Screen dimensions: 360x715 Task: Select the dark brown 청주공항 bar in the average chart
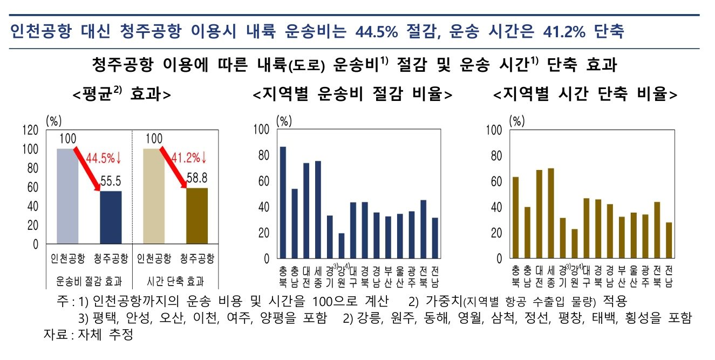pos(197,216)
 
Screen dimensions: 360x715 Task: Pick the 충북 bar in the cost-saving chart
pos(283,202)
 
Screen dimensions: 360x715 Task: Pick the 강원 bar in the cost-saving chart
pos(342,246)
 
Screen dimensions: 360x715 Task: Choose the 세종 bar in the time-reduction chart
pos(551,213)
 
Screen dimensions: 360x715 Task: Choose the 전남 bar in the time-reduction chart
pos(669,240)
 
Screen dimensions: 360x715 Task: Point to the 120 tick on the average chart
pos(30,130)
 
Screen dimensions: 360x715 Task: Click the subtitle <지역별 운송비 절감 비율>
pos(353,94)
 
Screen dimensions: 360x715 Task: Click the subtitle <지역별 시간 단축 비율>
pos(585,94)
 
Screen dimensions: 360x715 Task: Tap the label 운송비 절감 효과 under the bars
pos(89,281)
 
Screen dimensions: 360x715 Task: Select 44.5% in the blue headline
pos(376,32)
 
